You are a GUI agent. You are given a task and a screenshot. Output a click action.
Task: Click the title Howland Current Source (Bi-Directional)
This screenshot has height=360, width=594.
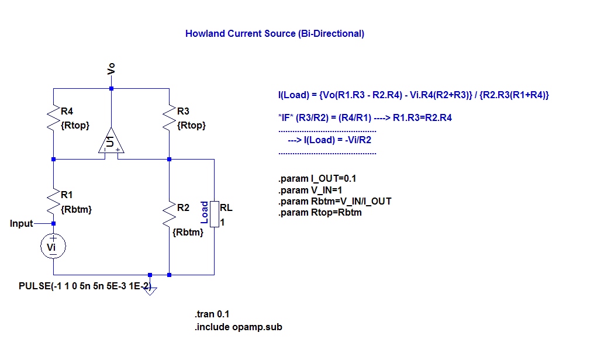click(x=274, y=33)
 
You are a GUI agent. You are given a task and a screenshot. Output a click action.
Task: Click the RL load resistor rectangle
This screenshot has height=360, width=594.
click(x=214, y=214)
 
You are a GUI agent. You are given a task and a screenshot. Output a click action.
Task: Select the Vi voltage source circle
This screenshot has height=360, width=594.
click(x=53, y=248)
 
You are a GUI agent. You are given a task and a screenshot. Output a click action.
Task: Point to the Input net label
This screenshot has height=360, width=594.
click(x=22, y=223)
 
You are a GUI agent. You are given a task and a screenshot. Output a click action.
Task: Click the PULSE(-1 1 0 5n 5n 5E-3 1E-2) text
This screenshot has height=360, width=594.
click(x=85, y=287)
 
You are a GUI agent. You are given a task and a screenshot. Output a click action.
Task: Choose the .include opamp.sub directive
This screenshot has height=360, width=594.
click(x=239, y=327)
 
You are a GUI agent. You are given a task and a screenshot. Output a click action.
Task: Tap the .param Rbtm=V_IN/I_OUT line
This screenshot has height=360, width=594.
click(x=334, y=201)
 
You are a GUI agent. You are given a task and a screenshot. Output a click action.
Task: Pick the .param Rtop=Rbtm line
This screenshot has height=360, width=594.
click(x=320, y=212)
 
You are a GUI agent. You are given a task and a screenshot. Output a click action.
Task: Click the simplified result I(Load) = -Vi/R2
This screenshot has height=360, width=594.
click(x=330, y=140)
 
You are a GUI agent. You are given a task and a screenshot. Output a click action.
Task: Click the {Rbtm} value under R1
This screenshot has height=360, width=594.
click(x=76, y=209)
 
